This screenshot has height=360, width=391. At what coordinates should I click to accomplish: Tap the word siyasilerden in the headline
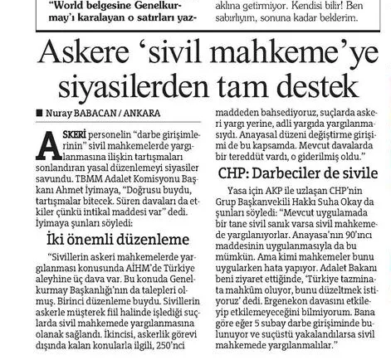point(130,86)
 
